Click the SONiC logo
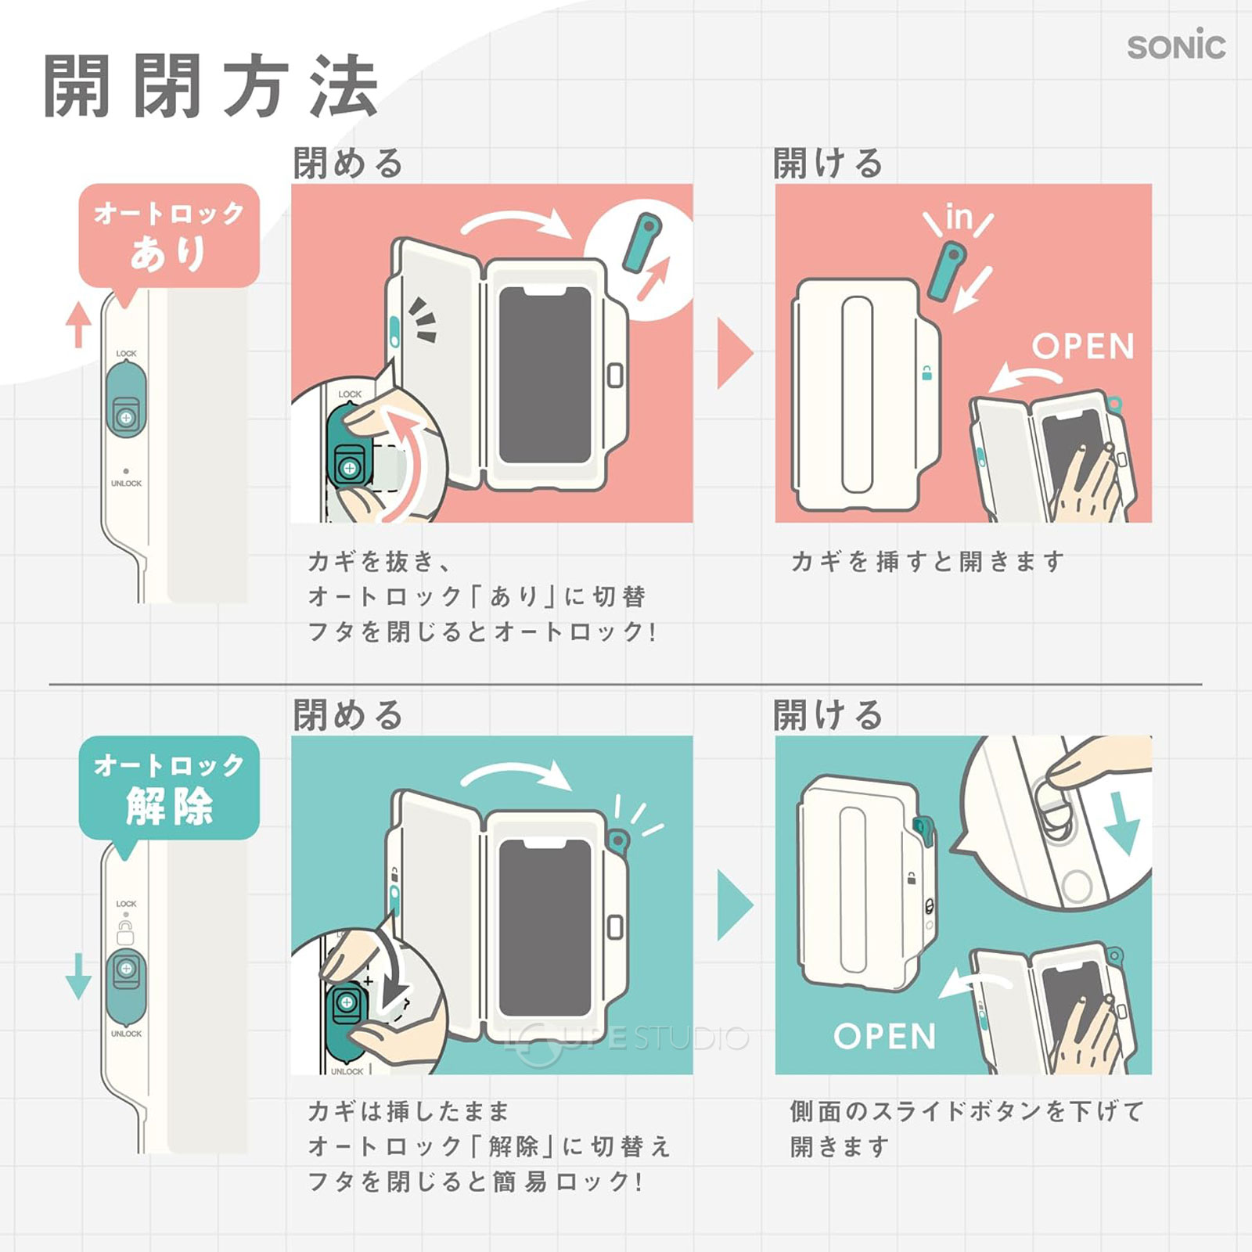pos(1175,46)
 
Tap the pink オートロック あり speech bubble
pos(169,235)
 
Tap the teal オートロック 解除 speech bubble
pos(169,786)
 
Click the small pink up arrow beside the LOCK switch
pos(77,324)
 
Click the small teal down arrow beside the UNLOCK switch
pos(77,975)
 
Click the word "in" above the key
pos(959,218)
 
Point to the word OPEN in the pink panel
pos(1083,347)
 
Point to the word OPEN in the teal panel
pos(884,1037)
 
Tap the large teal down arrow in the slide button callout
pos(1124,822)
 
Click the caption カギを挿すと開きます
pos(927,561)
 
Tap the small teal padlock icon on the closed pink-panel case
pos(926,373)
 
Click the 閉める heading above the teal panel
pos(348,715)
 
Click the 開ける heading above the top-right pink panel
pos(828,164)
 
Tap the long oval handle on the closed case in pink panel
pos(857,394)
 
